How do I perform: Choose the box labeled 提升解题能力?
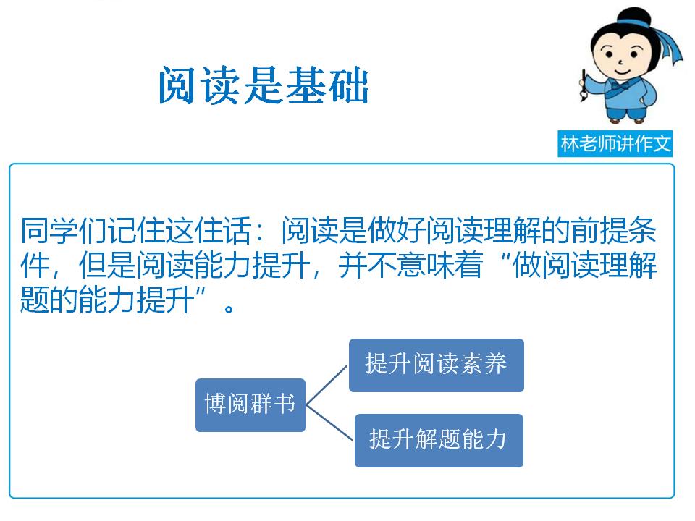pyautogui.click(x=438, y=440)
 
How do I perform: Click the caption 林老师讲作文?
pyautogui.click(x=616, y=144)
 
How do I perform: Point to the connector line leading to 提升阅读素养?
pyautogui.click(x=327, y=384)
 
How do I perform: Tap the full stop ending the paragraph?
pyautogui.click(x=230, y=306)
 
